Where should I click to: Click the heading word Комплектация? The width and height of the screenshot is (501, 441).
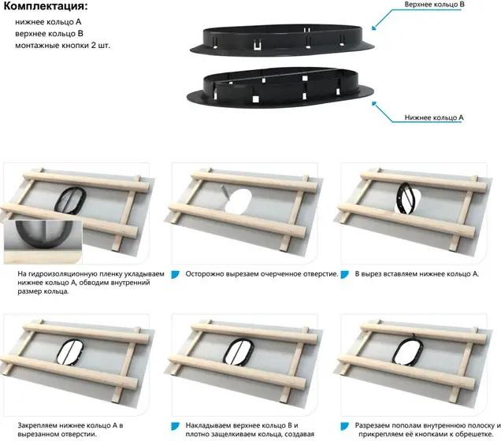pos(44,6)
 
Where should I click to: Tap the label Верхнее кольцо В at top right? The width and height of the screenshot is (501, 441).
pos(434,5)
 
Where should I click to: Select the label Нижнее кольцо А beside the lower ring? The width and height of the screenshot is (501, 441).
pos(434,117)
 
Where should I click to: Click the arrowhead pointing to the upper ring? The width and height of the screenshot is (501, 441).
pos(373,28)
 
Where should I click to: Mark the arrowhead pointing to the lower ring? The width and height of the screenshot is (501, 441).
pos(374,104)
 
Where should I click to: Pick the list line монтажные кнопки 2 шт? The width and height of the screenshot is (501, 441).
pos(63,46)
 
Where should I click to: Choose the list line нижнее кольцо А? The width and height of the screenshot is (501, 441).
pos(48,22)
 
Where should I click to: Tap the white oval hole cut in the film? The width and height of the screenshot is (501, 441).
pos(239,201)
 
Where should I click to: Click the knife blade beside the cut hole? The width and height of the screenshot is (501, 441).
pos(225,191)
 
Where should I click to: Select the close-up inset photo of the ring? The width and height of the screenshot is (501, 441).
pos(43,242)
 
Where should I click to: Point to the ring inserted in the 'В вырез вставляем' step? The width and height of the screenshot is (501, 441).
pos(398,198)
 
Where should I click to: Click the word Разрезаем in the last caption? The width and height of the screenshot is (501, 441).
pos(372,426)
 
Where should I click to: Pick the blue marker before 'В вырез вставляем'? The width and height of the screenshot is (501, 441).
pos(344,275)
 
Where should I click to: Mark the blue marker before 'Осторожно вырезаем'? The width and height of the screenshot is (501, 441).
pos(175,275)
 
